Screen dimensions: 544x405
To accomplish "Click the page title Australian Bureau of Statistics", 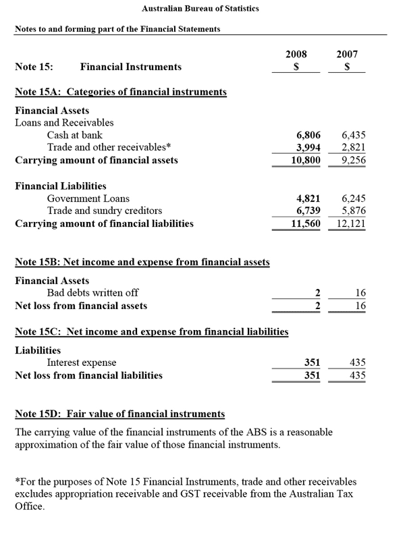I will pos(200,9).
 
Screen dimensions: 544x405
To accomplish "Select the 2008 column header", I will pos(296,54).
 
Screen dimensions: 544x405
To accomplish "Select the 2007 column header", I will pos(347,54).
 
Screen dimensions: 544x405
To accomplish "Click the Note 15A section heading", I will pos(121,92).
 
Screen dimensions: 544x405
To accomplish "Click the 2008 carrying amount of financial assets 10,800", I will pos(305,161).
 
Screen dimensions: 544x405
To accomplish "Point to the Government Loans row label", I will pos(88,198).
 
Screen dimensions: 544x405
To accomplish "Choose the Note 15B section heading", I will pos(142,262).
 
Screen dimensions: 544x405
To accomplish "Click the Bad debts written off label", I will pos(92,292).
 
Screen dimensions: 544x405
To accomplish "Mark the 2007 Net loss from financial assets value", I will pos(360,306).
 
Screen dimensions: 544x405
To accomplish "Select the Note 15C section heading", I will pos(152,331).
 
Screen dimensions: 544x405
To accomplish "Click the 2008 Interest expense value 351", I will pos(312,362).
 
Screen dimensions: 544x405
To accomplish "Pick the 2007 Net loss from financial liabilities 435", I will pos(357,375).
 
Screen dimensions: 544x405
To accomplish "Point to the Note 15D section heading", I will pos(120,413).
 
